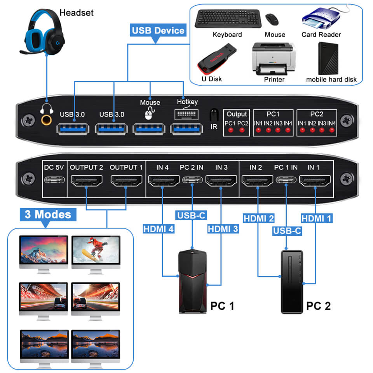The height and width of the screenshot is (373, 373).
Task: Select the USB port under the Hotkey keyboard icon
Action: point(187,128)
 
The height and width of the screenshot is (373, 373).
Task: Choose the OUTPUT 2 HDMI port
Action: point(86,180)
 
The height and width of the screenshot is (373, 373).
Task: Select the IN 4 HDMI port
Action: point(162,180)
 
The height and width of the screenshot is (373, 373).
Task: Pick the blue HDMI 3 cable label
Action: point(223,229)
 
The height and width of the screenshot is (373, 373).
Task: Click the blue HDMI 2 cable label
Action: point(259,218)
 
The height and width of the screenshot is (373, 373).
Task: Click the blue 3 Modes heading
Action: point(48,214)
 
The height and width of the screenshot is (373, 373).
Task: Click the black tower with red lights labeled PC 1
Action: point(192,281)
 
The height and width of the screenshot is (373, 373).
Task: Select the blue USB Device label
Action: point(158,30)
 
